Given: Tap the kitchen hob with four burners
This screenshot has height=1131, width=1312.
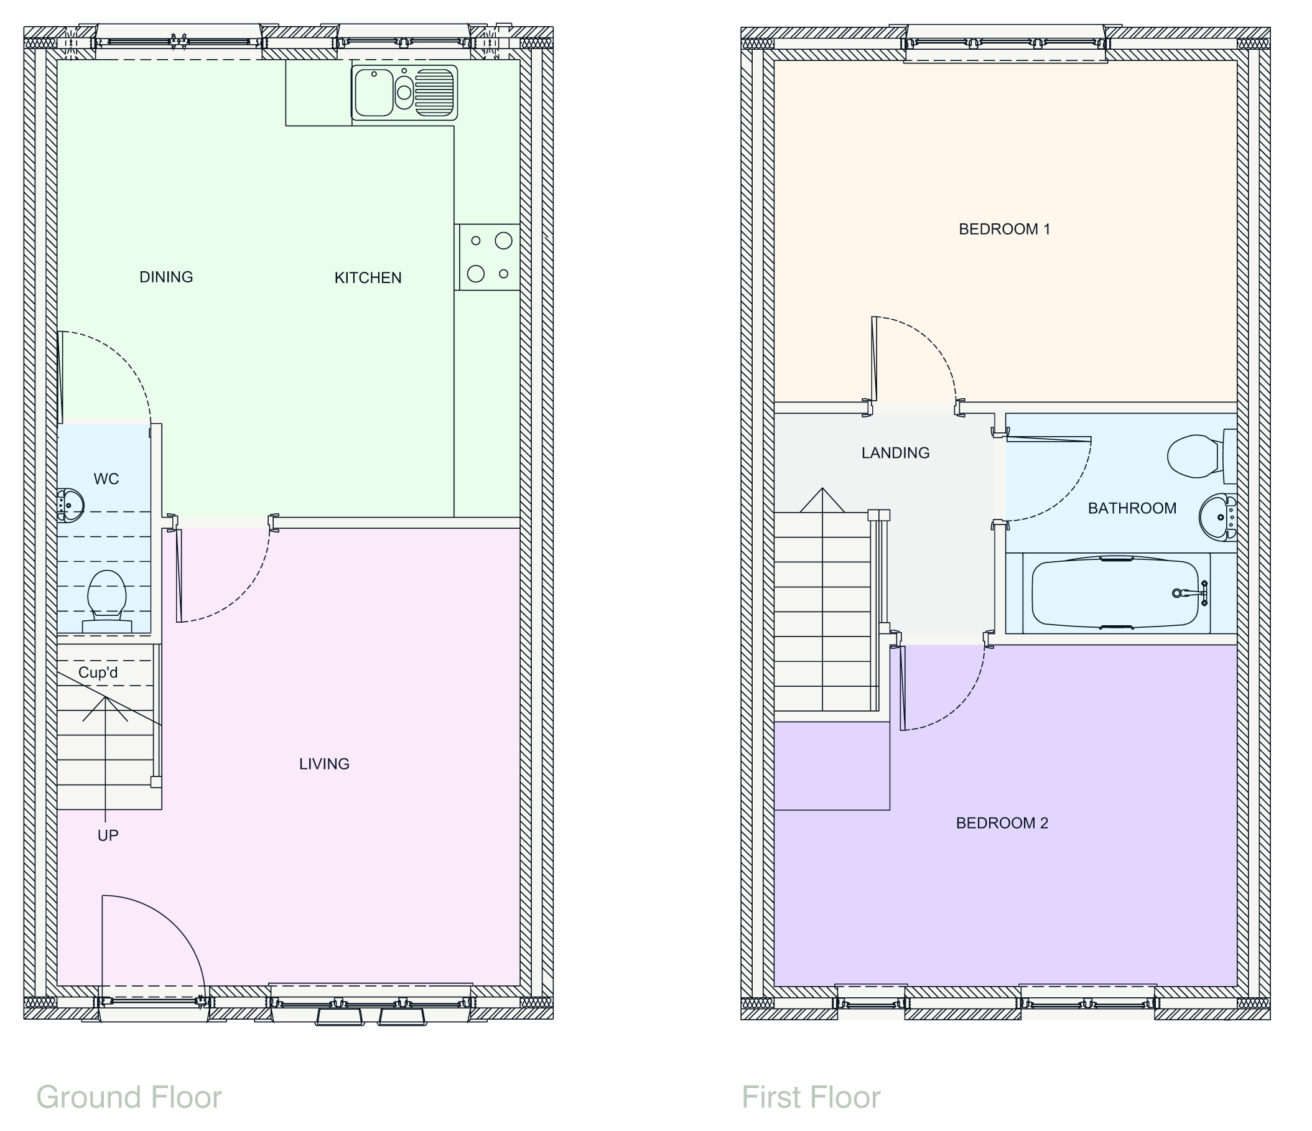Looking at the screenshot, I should (x=489, y=257).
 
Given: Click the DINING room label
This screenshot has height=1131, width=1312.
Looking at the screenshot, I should (x=166, y=277).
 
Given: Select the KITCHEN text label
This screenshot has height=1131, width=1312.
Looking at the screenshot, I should (x=368, y=277).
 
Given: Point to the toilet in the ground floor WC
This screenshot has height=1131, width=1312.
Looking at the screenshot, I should (x=106, y=598).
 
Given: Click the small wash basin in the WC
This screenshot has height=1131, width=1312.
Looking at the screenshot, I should (x=70, y=505).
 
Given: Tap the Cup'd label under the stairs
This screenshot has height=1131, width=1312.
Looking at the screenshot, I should (x=98, y=673).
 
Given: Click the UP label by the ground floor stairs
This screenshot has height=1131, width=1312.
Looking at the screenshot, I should (x=108, y=835).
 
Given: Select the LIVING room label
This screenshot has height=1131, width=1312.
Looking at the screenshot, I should (x=324, y=764).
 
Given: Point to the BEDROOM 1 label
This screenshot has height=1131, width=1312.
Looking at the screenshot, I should (x=1004, y=229).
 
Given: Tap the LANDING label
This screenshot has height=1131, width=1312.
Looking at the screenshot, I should (x=895, y=453).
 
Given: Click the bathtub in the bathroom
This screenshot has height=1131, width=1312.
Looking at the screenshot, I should (x=1114, y=593).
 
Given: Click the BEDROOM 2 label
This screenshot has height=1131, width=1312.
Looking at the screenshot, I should (x=1002, y=822).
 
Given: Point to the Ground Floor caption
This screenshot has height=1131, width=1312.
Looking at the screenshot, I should (x=129, y=1097).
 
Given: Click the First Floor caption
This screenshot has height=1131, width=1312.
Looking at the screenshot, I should (x=811, y=1097).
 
